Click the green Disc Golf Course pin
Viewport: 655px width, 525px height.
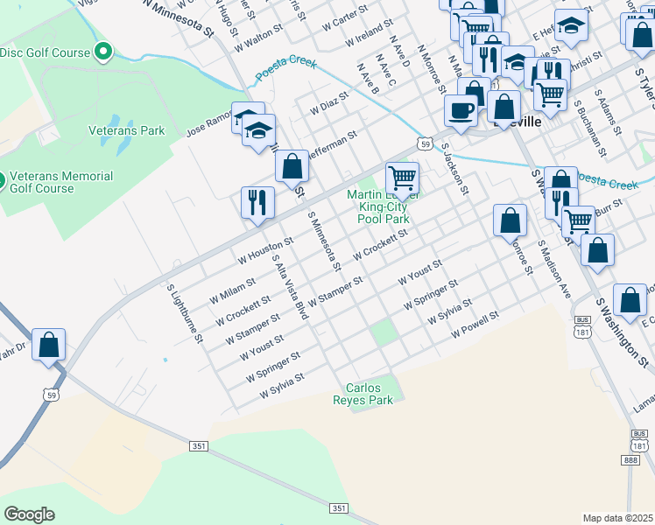pyautogui.click(x=103, y=52)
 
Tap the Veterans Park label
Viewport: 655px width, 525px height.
pyautogui.click(x=126, y=131)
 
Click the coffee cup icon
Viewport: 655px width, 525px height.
pyautogui.click(x=461, y=110)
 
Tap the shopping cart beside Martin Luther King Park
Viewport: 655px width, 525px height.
pyautogui.click(x=402, y=178)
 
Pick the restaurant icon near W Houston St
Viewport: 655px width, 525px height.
pyautogui.click(x=257, y=202)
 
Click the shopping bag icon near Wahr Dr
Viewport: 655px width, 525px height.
pyautogui.click(x=49, y=344)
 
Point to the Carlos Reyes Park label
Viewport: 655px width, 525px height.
pyautogui.click(x=370, y=394)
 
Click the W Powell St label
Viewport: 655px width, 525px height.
pyautogui.click(x=475, y=325)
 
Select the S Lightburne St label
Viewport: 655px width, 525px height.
pyautogui.click(x=185, y=311)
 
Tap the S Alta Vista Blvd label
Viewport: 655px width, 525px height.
pyautogui.click(x=292, y=286)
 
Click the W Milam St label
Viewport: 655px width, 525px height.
pyautogui.click(x=232, y=290)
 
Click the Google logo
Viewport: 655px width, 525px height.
pyautogui.click(x=28, y=514)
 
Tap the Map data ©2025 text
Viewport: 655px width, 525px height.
pyautogui.click(x=617, y=518)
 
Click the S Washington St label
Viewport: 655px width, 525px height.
pyautogui.click(x=625, y=332)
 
